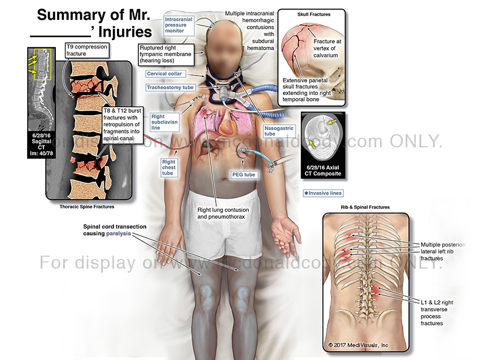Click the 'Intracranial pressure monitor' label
coord(179,25)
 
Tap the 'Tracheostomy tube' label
coord(170,87)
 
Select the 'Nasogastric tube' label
coord(277,131)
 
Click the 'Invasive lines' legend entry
coord(323,193)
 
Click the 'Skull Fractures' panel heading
coord(313,14)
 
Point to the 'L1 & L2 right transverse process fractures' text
coord(437,313)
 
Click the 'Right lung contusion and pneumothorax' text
coord(223,213)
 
